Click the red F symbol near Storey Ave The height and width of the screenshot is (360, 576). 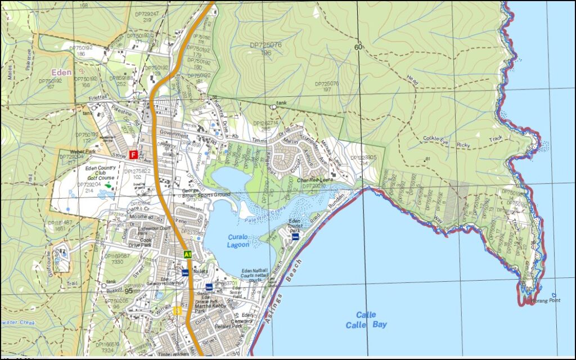[x=133, y=154]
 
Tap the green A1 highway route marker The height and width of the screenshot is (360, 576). [x=188, y=255]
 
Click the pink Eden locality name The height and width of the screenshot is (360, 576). [x=61, y=73]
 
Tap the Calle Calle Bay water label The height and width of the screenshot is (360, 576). [x=366, y=320]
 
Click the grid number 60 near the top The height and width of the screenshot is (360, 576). [x=358, y=47]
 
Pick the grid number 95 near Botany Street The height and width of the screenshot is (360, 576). [x=129, y=290]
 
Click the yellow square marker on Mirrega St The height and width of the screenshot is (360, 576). [x=177, y=310]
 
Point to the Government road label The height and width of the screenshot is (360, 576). [x=173, y=134]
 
